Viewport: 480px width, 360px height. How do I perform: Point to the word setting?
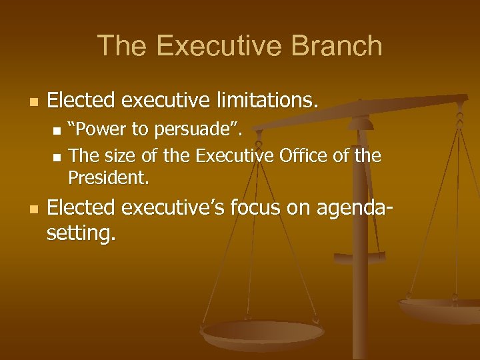(x=81, y=233)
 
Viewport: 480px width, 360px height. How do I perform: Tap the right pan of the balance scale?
(x=440, y=309)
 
